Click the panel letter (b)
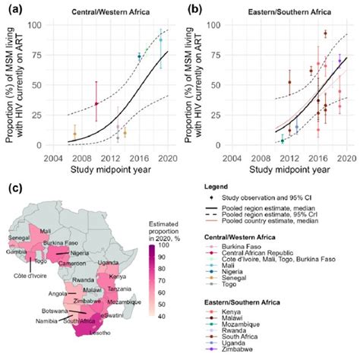[189, 10]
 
